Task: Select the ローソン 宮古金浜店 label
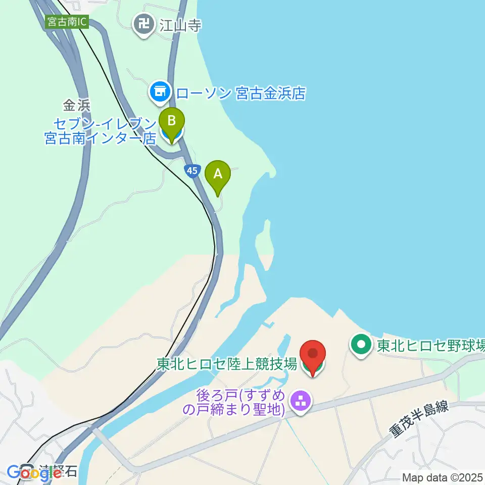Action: tap(240, 93)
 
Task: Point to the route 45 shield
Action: tap(191, 171)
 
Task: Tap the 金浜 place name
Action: tap(76, 106)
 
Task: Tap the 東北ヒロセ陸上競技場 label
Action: tap(226, 364)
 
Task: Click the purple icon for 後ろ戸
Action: tap(301, 402)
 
